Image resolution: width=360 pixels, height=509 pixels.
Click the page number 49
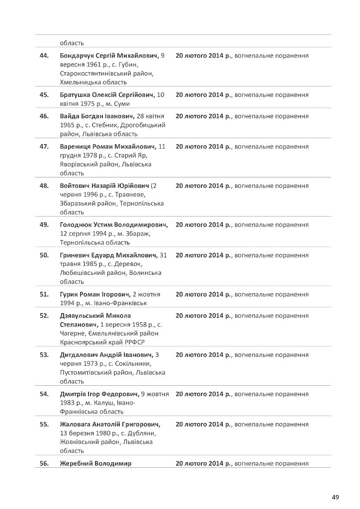click(x=336, y=497)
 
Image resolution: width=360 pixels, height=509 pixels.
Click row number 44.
click(x=44, y=56)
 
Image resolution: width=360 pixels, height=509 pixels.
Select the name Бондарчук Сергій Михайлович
click(x=109, y=56)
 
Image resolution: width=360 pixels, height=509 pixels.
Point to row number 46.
click(x=44, y=116)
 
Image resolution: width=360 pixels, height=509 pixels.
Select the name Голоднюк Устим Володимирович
click(x=114, y=225)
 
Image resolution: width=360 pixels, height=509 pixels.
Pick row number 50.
click(x=44, y=255)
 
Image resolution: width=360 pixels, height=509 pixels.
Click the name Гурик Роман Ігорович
click(x=95, y=294)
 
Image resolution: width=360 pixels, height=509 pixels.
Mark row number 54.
click(x=44, y=394)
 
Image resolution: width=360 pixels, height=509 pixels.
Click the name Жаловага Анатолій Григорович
click(x=110, y=424)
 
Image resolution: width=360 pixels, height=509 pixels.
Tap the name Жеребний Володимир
click(x=95, y=464)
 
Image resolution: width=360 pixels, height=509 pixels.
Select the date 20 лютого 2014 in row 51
click(x=203, y=294)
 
